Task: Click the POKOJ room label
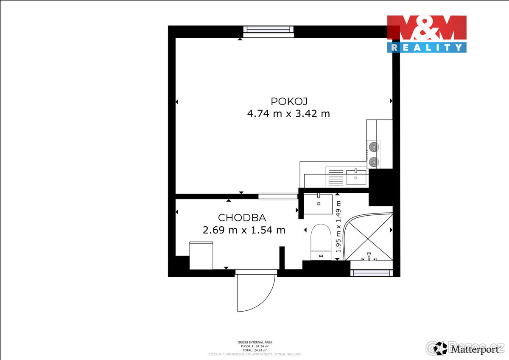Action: point(288,101)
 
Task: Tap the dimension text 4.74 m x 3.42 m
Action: point(288,114)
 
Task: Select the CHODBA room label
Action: point(242,218)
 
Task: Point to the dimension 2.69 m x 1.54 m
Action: point(244,230)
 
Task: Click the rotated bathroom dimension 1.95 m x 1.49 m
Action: point(338,227)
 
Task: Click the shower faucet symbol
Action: point(369,256)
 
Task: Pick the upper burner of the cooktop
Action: point(374,147)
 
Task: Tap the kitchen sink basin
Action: point(356,177)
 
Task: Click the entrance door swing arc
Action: point(253,293)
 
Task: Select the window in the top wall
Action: point(268,31)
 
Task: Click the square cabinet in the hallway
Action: point(201,255)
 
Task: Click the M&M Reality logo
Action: point(426,34)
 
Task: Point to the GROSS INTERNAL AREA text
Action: point(255,342)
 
